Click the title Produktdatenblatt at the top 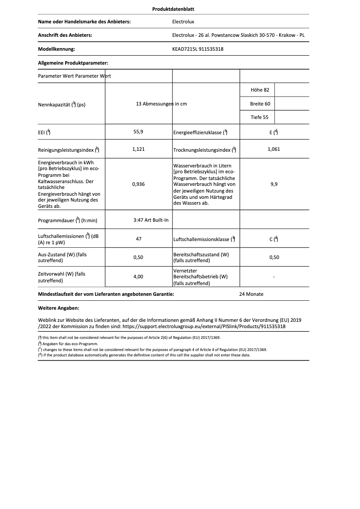pos(173,9)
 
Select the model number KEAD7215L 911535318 pos(198,49)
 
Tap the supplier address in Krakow pos(241,35)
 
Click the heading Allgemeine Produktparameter pos(73,63)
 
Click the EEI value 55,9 pos(139,132)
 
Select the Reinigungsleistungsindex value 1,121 pos(139,149)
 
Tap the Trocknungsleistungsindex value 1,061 pos(273,149)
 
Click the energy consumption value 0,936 pos(139,184)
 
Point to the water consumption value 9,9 pos(273,184)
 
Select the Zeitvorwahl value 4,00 pos(139,277)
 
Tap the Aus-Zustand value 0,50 pos(139,258)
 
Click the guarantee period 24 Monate pos(251,294)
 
